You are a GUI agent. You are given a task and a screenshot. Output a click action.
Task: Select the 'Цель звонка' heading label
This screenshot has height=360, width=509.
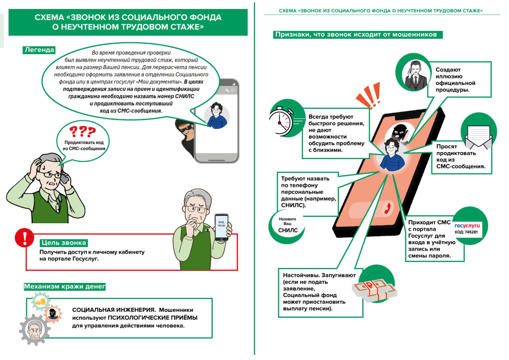64,243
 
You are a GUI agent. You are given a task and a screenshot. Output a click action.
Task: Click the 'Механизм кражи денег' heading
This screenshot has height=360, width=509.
65,286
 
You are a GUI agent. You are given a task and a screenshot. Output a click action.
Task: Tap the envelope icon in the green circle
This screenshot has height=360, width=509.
478,136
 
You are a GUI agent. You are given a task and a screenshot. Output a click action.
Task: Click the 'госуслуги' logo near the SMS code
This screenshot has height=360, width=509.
466,225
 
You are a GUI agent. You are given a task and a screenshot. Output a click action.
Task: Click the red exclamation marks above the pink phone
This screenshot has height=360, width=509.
366,97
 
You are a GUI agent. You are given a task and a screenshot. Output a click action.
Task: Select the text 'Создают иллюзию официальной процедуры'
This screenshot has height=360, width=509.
456,80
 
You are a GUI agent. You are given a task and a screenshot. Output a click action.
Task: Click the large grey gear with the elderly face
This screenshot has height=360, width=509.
34,330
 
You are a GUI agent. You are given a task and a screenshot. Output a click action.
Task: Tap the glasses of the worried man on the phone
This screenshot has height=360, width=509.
49,170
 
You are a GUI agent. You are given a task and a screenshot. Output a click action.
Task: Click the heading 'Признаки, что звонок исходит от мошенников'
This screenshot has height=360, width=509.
355,35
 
